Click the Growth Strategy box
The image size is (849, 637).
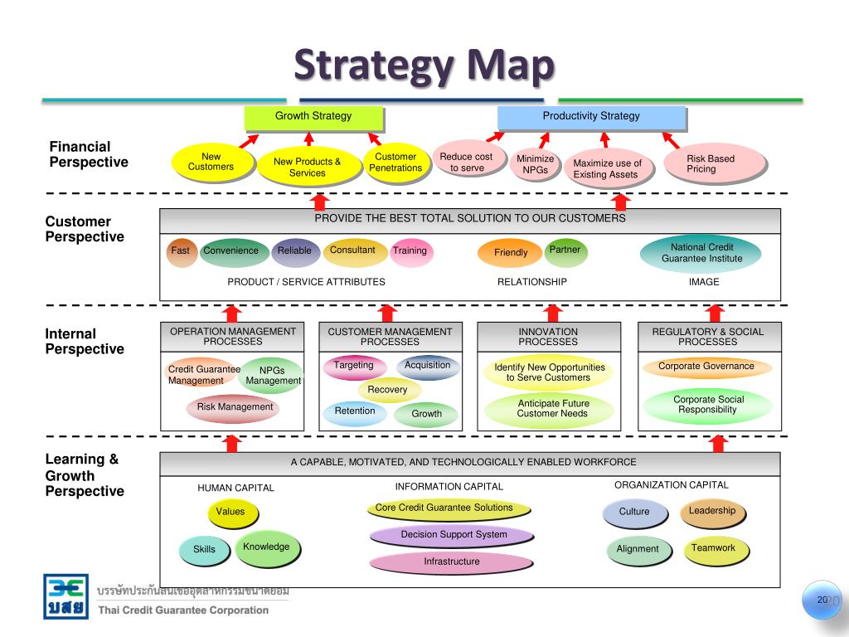(313, 118)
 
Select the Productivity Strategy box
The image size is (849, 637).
(591, 118)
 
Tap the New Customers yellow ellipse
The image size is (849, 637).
(211, 162)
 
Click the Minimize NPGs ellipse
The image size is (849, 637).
(536, 164)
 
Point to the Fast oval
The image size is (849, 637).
(181, 250)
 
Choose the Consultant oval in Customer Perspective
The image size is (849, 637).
(353, 250)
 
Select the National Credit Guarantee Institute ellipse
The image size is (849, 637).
(701, 253)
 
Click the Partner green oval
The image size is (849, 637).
(565, 250)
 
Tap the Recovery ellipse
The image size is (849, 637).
(388, 390)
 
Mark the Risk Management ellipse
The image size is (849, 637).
(234, 407)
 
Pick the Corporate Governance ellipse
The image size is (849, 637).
(706, 367)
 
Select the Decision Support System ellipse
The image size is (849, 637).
(453, 535)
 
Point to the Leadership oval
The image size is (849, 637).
(712, 512)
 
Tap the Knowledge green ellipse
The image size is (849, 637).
(266, 547)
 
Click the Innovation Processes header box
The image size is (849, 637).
(548, 337)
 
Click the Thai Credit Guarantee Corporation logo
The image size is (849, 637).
(65, 596)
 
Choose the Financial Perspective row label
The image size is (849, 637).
(89, 155)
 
